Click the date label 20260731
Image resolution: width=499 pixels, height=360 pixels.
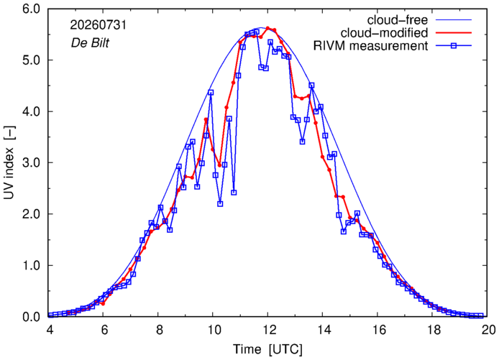[x=99, y=25]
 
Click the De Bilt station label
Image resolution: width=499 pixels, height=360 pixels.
[x=90, y=42]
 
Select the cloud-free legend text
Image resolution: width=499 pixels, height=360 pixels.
[x=398, y=20]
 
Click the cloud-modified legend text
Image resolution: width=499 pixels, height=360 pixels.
[x=384, y=33]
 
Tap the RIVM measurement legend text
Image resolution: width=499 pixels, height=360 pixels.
[x=371, y=46]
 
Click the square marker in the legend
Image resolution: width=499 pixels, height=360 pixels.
[x=454, y=46]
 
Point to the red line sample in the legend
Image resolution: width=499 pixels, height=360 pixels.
[x=454, y=33]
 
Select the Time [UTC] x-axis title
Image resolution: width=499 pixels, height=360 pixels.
[x=267, y=349]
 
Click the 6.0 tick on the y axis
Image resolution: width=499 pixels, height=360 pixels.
[x=31, y=9]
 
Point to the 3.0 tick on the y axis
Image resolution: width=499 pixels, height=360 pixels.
[x=31, y=163]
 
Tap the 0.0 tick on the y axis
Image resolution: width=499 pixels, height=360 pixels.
[x=31, y=317]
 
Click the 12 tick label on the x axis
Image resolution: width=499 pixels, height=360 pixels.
[x=267, y=330]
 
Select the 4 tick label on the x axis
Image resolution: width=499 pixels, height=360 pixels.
[x=50, y=330]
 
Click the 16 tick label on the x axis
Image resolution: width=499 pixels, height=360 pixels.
[x=378, y=330]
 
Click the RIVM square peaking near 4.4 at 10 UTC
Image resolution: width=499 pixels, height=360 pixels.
[x=211, y=93]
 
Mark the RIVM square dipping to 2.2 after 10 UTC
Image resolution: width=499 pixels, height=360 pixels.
[x=220, y=204]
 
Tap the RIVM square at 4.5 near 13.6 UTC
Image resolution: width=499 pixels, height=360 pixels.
[x=311, y=86]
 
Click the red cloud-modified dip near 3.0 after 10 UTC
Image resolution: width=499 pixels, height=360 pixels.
[x=219, y=165]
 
